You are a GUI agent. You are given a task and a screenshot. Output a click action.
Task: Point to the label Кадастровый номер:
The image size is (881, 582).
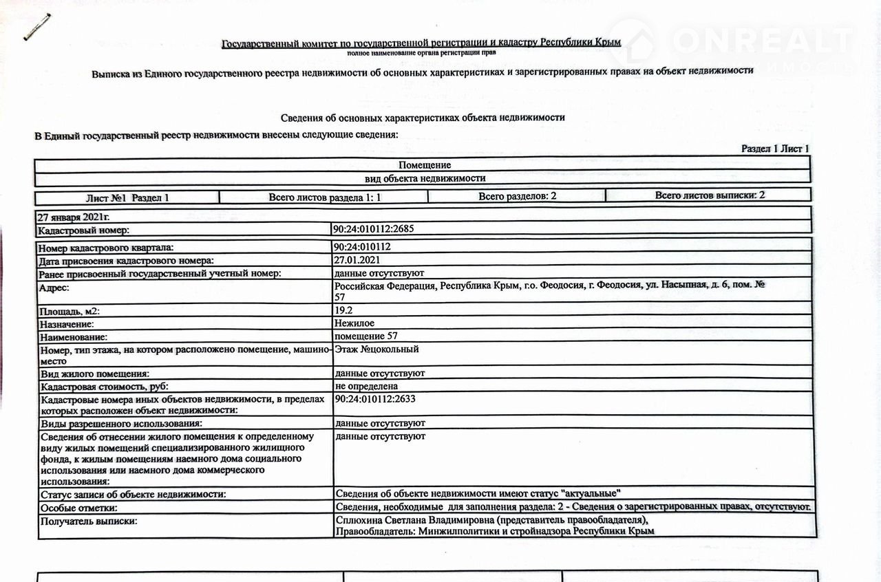(83, 230)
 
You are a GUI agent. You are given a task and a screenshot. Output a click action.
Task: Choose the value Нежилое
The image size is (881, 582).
(354, 323)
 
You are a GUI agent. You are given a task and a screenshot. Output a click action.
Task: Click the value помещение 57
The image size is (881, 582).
(365, 336)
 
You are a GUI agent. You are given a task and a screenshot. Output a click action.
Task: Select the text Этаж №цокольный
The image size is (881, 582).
(376, 349)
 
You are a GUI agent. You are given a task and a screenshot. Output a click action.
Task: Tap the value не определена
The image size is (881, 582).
(365, 386)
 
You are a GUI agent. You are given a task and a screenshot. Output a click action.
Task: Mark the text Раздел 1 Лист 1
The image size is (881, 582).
(775, 149)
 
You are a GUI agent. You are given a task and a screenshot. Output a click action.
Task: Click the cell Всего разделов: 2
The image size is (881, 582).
(517, 196)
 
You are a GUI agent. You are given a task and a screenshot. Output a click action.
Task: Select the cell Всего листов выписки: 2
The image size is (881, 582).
(710, 195)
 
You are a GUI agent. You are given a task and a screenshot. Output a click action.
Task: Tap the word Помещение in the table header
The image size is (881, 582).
(424, 165)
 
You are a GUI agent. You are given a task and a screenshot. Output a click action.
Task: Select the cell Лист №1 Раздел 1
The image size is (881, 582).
(127, 197)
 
